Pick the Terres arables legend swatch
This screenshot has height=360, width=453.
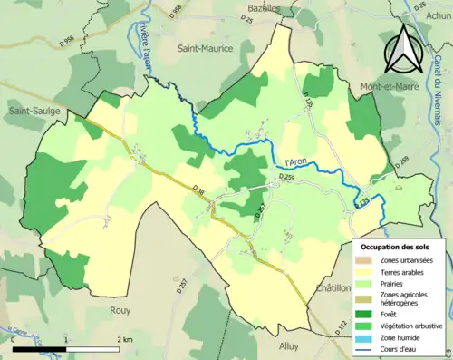[367, 271]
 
